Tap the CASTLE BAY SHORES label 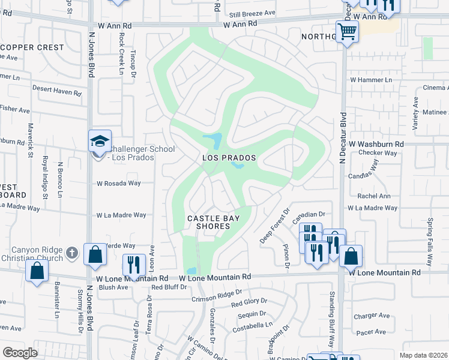coord(208,221)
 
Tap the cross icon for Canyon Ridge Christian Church coord(72,252)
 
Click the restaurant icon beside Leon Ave coord(134,265)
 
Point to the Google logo coord(20,353)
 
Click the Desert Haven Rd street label coord(56,93)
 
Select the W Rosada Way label coord(118,184)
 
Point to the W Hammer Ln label coord(371,79)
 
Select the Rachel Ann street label coord(373,196)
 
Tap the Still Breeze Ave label coord(252,13)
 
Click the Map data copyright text coord(423,355)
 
